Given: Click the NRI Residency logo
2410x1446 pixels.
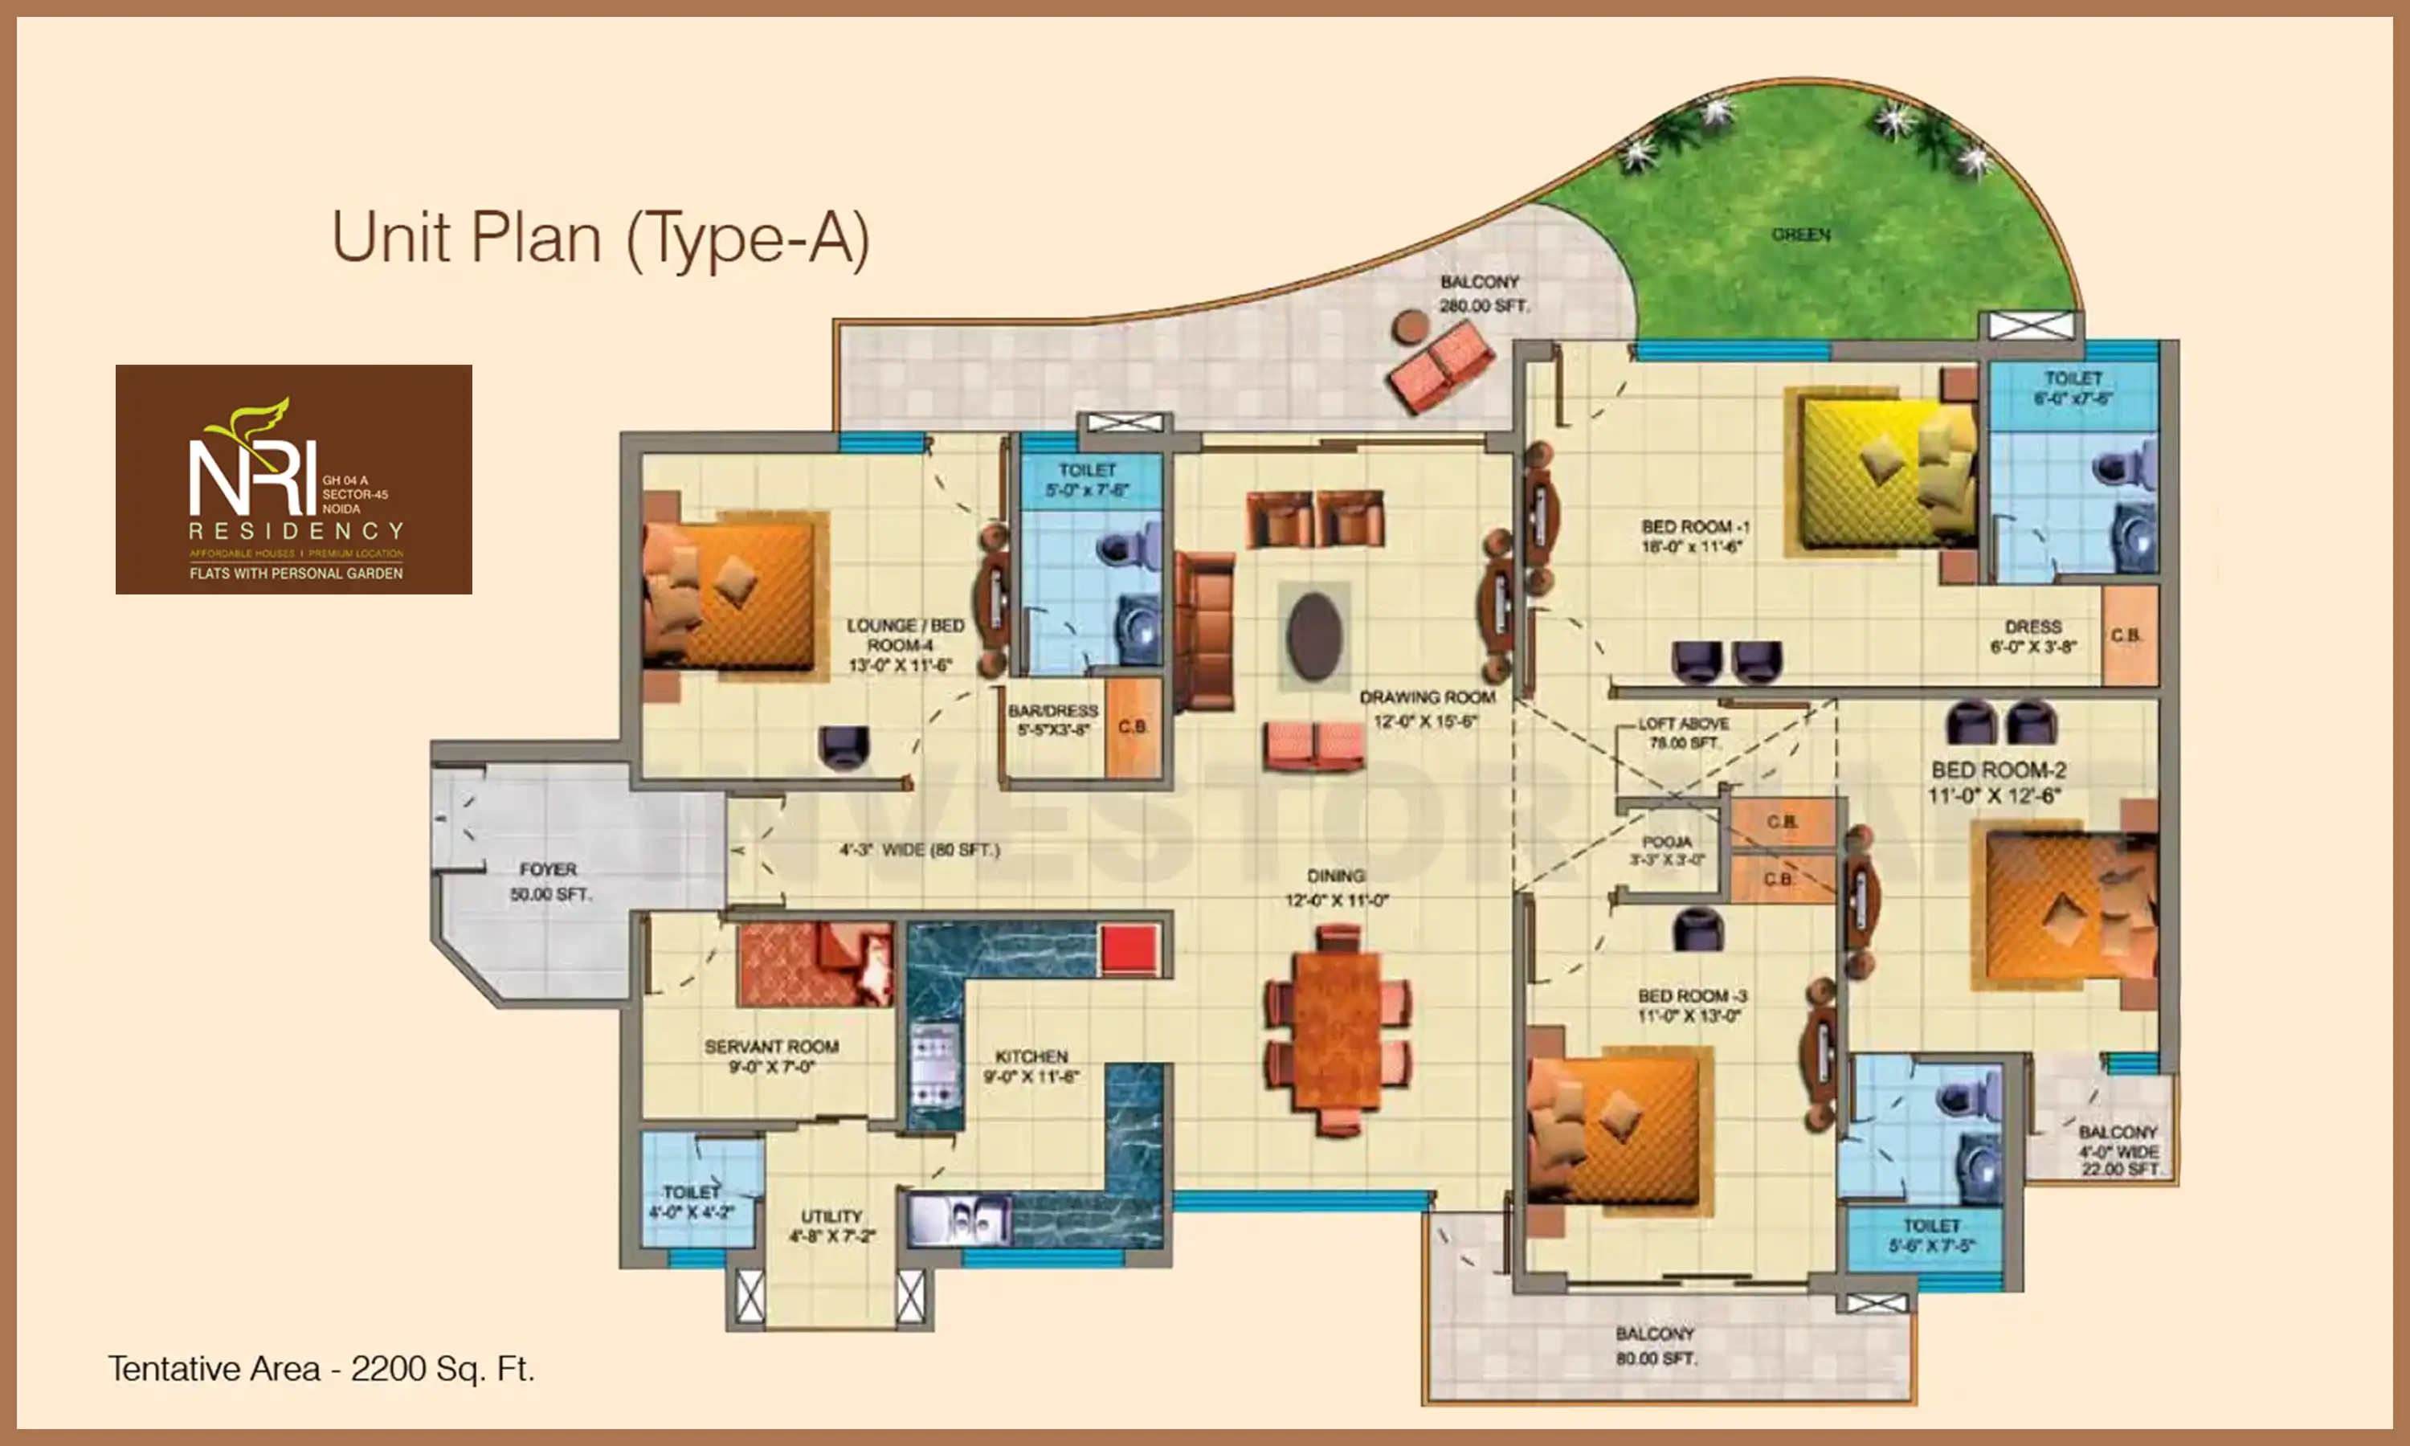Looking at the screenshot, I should [293, 480].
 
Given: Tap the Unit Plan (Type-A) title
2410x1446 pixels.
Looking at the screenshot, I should [600, 238].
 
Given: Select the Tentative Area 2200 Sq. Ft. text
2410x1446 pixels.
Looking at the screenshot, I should [321, 1368].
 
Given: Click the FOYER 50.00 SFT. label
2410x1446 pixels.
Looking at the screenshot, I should [549, 880].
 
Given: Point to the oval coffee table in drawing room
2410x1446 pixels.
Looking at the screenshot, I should [1314, 635].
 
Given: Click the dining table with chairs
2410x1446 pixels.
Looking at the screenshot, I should [1338, 1031].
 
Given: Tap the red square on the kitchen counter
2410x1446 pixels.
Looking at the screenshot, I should [1128, 948].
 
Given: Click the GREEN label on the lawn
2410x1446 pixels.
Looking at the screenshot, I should [1800, 235].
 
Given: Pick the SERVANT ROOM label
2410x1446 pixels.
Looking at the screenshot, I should [771, 1056].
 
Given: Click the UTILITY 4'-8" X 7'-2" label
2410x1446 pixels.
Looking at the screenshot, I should [831, 1226].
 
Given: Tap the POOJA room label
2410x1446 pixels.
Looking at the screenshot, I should [1667, 850].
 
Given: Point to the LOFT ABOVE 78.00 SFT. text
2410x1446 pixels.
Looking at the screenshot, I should [1682, 733].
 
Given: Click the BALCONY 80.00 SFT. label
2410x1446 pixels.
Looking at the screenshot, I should [1655, 1345].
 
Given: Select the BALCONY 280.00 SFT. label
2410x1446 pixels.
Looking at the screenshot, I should [1483, 292].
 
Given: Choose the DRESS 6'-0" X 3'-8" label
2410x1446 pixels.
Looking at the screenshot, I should [2032, 635].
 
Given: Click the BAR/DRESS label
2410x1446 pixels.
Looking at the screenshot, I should [1052, 720].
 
